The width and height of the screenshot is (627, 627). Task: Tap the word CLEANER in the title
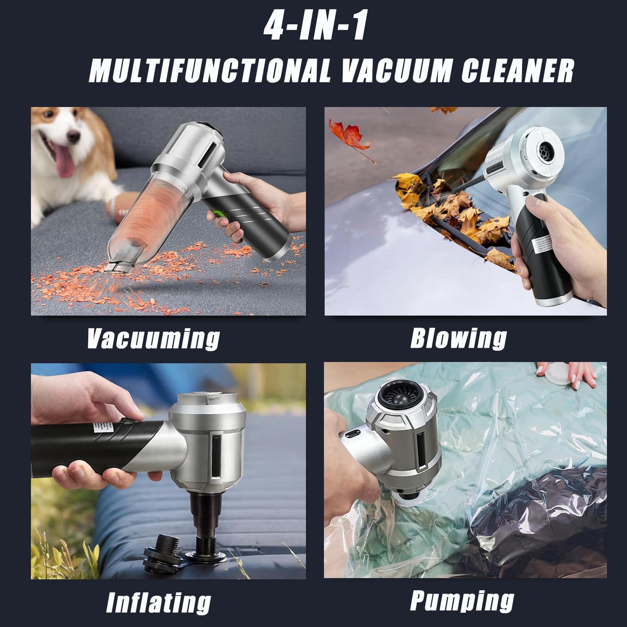pyautogui.click(x=517, y=71)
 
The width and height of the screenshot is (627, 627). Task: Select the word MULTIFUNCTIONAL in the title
pyautogui.click(x=209, y=71)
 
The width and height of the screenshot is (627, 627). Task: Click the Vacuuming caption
pyautogui.click(x=153, y=338)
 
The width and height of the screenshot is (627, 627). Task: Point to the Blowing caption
pyautogui.click(x=458, y=338)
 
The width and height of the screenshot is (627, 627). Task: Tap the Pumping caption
pyautogui.click(x=462, y=601)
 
